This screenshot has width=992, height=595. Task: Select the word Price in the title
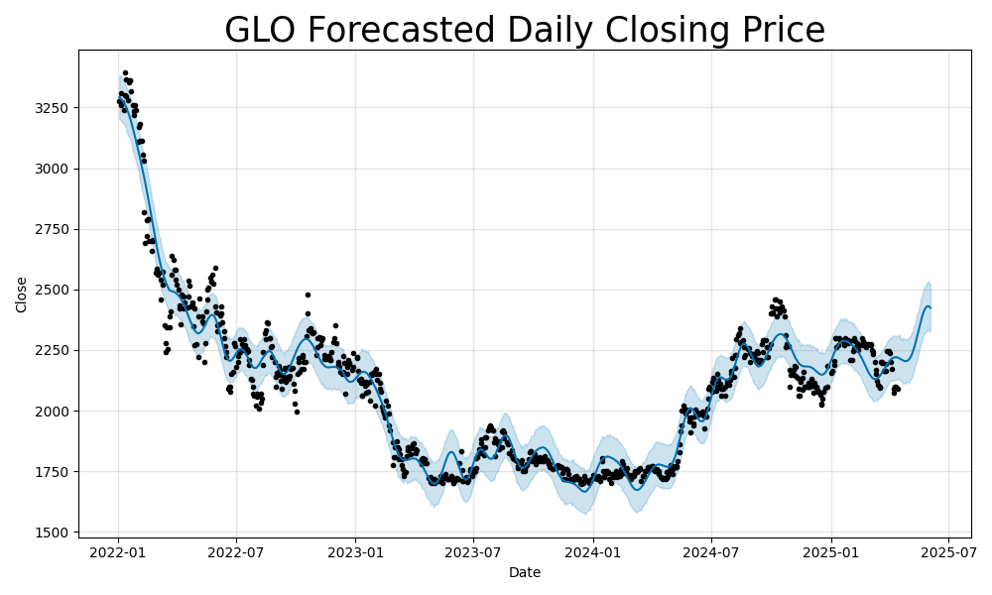click(x=778, y=31)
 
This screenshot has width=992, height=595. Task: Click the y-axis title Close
click(x=22, y=295)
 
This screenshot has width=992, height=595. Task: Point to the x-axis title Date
click(x=525, y=572)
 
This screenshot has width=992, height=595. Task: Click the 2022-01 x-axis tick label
click(x=118, y=551)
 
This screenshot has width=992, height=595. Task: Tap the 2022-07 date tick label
click(x=236, y=551)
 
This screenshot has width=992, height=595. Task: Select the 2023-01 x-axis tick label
click(x=355, y=551)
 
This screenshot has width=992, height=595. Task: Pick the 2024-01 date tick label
click(x=592, y=551)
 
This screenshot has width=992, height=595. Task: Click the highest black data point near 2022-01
click(x=125, y=72)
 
